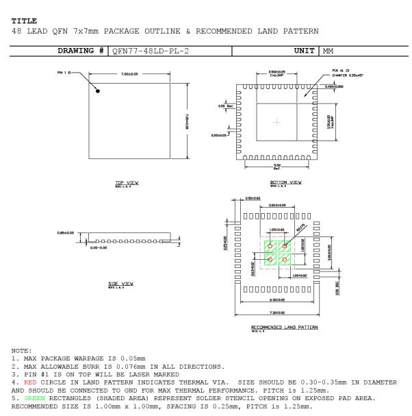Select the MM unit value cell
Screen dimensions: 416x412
click(x=330, y=50)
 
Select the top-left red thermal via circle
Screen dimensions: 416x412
click(x=270, y=246)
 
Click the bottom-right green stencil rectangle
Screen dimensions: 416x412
click(x=284, y=259)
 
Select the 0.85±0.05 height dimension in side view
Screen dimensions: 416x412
click(x=66, y=232)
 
